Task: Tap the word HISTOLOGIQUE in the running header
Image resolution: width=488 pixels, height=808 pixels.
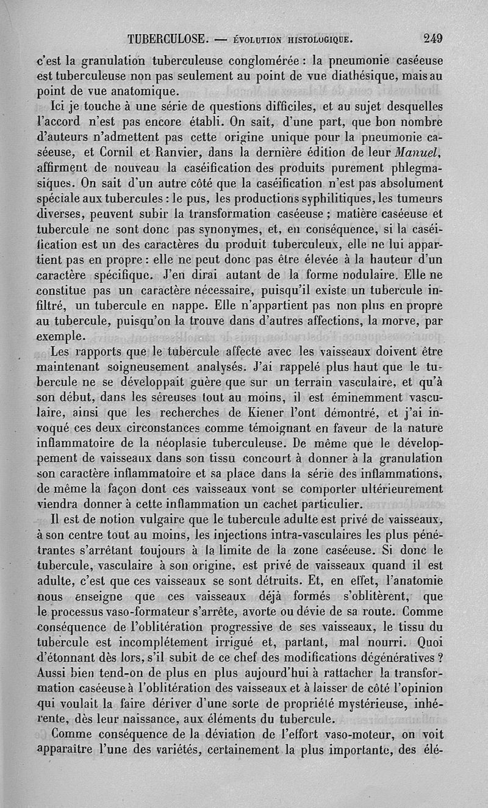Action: (320, 40)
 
